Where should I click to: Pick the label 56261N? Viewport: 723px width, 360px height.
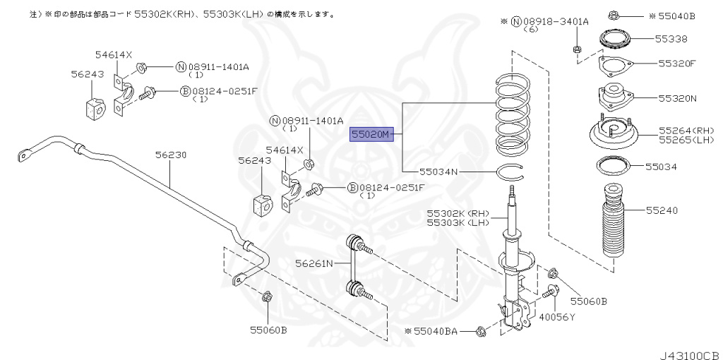(314, 263)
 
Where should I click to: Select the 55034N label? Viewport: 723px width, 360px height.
(438, 172)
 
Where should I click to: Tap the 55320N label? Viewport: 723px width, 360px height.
(676, 98)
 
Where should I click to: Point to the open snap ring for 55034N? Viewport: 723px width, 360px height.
(509, 171)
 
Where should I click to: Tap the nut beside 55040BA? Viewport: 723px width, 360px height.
(481, 330)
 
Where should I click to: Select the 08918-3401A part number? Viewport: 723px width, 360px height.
(551, 21)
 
